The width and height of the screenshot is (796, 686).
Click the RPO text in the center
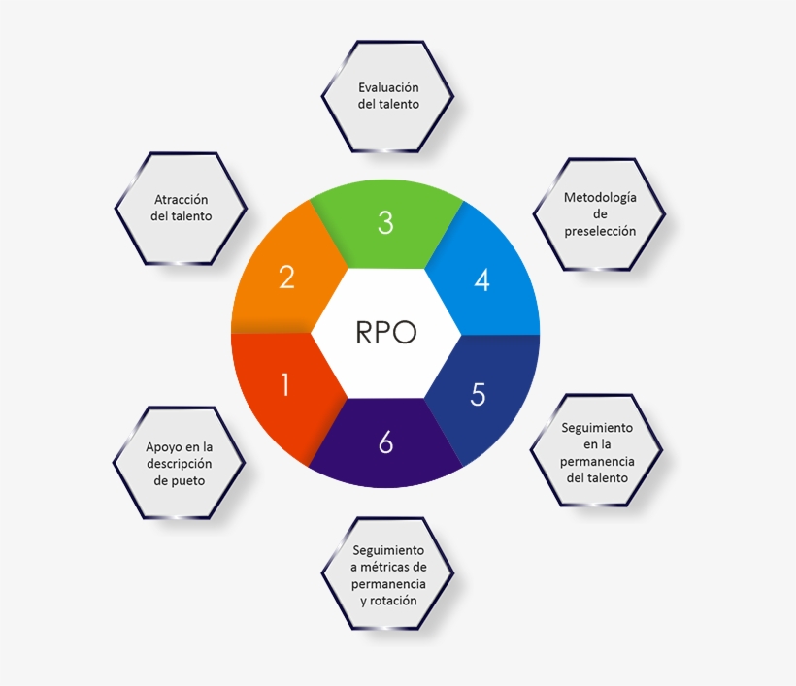pyautogui.click(x=385, y=333)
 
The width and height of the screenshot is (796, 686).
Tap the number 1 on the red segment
pyautogui.click(x=285, y=384)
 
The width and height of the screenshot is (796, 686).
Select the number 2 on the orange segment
pyautogui.click(x=286, y=278)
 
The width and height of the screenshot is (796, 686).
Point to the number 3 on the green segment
pyautogui.click(x=385, y=222)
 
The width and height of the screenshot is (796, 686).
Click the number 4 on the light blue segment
pyautogui.click(x=481, y=280)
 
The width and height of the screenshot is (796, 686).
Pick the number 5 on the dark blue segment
pyautogui.click(x=479, y=394)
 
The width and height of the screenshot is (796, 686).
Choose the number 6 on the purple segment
pyautogui.click(x=385, y=441)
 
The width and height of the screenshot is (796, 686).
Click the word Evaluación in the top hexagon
pyautogui.click(x=388, y=87)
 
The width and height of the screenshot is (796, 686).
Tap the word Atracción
pyautogui.click(x=182, y=200)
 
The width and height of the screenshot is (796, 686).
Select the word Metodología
pyautogui.click(x=600, y=198)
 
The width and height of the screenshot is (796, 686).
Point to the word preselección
pyautogui.click(x=600, y=231)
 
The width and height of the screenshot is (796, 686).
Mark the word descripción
pyautogui.click(x=180, y=464)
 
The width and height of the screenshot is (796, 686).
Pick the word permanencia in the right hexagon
pyautogui.click(x=597, y=462)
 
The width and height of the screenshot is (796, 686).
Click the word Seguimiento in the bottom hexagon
pyautogui.click(x=388, y=550)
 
